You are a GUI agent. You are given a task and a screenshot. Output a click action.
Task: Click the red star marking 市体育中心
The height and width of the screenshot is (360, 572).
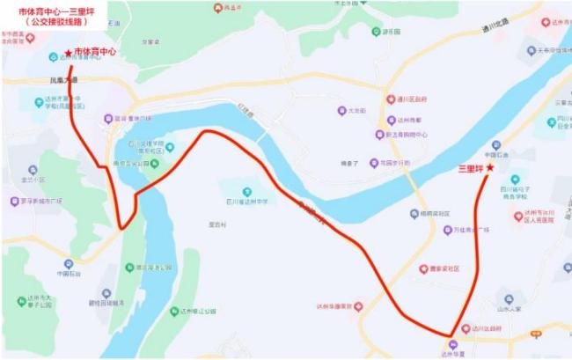coord(69,54)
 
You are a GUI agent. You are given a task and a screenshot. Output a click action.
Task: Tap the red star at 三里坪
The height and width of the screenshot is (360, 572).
coord(490,167)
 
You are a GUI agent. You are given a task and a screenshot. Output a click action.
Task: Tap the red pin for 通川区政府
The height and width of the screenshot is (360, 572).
coord(391,99)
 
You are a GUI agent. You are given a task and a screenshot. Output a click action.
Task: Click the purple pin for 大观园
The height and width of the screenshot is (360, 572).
coord(341,111)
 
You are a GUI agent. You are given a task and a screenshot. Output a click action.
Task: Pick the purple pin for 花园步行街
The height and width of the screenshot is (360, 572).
coord(374,163)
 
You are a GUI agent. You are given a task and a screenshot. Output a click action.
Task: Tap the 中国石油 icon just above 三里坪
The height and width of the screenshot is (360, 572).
coord(499,144)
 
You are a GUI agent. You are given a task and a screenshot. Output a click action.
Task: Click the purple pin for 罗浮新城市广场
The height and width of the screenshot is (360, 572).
coord(14,201)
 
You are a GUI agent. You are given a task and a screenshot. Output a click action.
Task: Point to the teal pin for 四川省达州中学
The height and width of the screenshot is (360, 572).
coord(247,191)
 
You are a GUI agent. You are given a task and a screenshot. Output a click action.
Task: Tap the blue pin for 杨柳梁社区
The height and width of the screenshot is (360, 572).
coord(414,213)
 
